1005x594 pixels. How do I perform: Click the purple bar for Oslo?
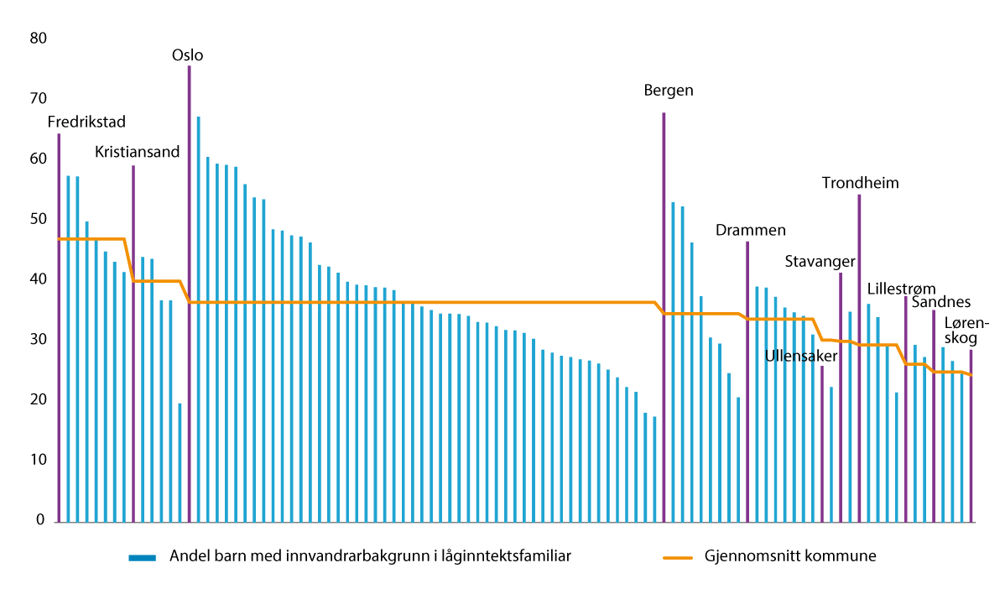point(189,294)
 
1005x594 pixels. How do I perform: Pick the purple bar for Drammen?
point(747,382)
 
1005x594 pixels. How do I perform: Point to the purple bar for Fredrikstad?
point(59,328)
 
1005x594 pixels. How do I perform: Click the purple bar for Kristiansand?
point(133,344)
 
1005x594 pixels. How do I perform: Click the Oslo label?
point(187,55)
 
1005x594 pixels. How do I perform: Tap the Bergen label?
point(669,90)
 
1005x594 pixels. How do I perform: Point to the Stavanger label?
point(820,261)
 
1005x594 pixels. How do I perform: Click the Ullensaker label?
point(801,356)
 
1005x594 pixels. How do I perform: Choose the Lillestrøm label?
point(901,288)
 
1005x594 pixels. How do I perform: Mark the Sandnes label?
point(941,302)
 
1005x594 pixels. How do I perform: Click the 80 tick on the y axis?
point(38,38)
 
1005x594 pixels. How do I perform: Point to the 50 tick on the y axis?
point(38,219)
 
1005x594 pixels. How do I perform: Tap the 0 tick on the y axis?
point(41,521)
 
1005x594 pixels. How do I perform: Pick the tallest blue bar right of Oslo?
point(198,319)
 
